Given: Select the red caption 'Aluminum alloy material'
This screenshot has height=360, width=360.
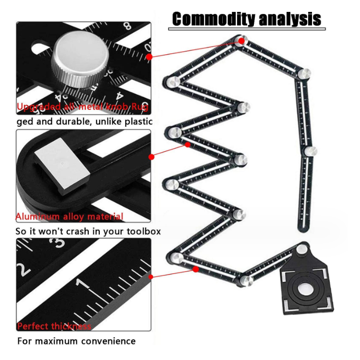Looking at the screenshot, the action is pyautogui.click(x=70, y=216).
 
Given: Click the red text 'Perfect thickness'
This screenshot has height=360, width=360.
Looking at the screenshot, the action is pyautogui.click(x=54, y=326).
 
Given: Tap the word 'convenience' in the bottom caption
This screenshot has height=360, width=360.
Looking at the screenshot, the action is pyautogui.click(x=108, y=341).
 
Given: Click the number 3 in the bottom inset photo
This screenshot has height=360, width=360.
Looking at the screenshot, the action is pyautogui.click(x=60, y=241).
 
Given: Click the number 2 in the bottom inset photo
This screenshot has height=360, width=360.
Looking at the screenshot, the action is pyautogui.click(x=23, y=269).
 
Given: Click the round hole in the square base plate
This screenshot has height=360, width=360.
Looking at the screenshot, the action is pyautogui.click(x=305, y=289).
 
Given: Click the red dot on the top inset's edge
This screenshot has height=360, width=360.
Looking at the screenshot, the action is pyautogui.click(x=149, y=57).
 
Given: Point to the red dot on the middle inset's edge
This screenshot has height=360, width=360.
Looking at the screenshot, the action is pyautogui.click(x=152, y=156).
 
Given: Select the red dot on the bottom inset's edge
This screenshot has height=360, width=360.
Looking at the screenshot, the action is pyautogui.click(x=151, y=276).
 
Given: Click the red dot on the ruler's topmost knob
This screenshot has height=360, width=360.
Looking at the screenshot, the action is pyautogui.click(x=241, y=41).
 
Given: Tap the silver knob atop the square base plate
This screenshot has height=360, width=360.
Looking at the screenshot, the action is pyautogui.click(x=301, y=249).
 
